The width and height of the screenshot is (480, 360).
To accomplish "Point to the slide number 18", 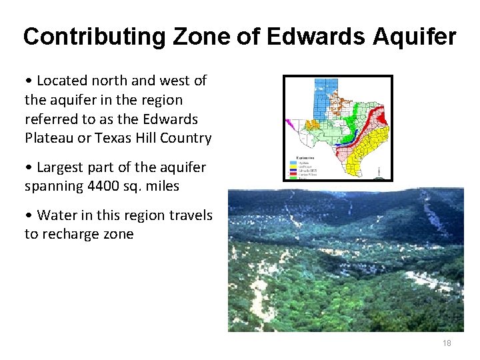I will (447, 343).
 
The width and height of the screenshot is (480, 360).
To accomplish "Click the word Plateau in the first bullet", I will (49, 139).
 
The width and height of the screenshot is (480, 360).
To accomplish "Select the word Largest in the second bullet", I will (61, 167).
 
